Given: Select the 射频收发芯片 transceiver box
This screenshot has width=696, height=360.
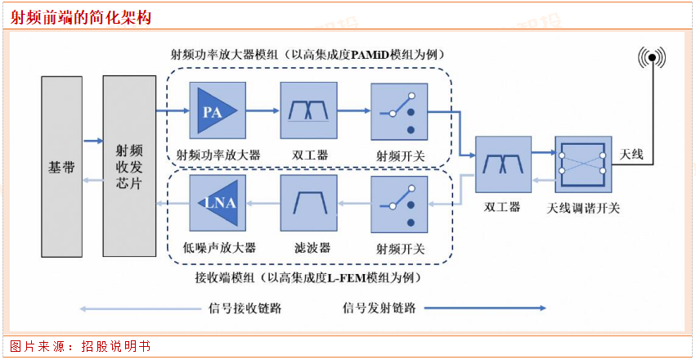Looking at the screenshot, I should (129, 167).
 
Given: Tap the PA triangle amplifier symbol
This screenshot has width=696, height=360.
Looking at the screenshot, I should (215, 111).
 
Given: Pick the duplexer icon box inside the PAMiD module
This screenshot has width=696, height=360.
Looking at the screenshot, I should (308, 111).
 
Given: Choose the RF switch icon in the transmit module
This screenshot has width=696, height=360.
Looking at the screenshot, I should (400, 111).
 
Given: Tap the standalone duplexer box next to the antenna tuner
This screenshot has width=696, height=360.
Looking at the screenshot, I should (502, 164).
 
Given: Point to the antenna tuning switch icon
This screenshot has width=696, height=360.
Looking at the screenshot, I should (582, 164).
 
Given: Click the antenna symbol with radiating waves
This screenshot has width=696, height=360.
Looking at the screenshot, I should (651, 59).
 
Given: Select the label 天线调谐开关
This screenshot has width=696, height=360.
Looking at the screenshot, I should (582, 208).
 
